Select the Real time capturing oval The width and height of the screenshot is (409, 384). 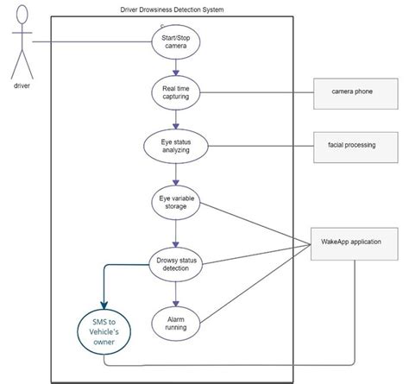point(176,92)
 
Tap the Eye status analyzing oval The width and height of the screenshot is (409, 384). point(176,145)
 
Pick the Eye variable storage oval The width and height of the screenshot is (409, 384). point(176,205)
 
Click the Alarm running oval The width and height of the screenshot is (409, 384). point(176,324)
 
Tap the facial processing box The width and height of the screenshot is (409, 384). point(354,145)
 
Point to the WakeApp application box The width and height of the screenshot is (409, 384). point(354,245)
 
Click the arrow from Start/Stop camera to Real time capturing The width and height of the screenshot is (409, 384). point(176,67)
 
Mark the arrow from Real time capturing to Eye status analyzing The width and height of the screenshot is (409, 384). point(176,118)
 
